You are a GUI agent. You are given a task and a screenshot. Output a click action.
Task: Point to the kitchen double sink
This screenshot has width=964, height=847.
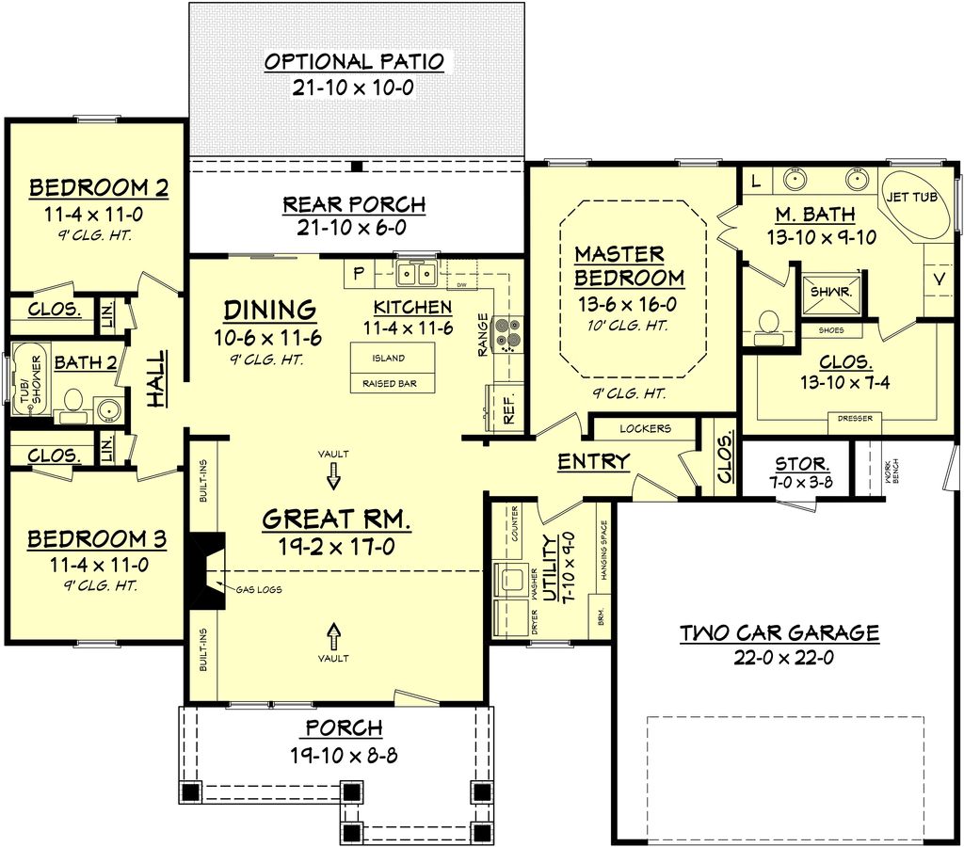coord(415,275)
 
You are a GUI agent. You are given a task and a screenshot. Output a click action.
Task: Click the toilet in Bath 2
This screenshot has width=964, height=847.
coord(72,408)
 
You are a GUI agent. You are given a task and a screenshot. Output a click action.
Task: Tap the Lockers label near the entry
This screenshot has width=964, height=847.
coord(645,428)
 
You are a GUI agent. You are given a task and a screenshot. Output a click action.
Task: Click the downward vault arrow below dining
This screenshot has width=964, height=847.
coord(332,480)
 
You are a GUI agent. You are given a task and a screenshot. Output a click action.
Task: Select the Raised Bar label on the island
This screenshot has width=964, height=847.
coord(384,384)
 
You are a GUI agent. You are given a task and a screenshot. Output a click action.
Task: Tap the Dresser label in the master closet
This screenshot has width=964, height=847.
coord(854,418)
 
